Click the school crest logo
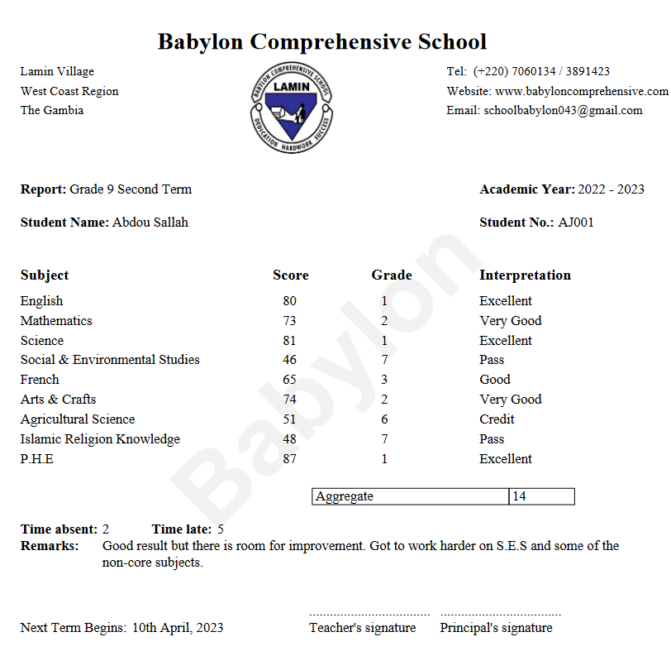click(290, 107)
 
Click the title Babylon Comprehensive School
click(322, 41)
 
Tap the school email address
click(563, 110)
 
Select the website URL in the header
click(582, 91)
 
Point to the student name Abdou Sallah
click(150, 222)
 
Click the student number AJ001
click(576, 222)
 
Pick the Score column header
click(291, 275)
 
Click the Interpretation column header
click(525, 275)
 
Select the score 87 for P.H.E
click(288, 458)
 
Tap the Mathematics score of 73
click(288, 320)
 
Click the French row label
click(40, 379)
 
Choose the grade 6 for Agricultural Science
click(384, 419)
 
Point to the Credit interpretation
click(497, 419)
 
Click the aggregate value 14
click(519, 496)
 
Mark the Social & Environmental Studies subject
click(110, 359)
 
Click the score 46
click(288, 359)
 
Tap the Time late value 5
click(221, 529)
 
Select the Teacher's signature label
click(362, 627)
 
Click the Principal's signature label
click(496, 627)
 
